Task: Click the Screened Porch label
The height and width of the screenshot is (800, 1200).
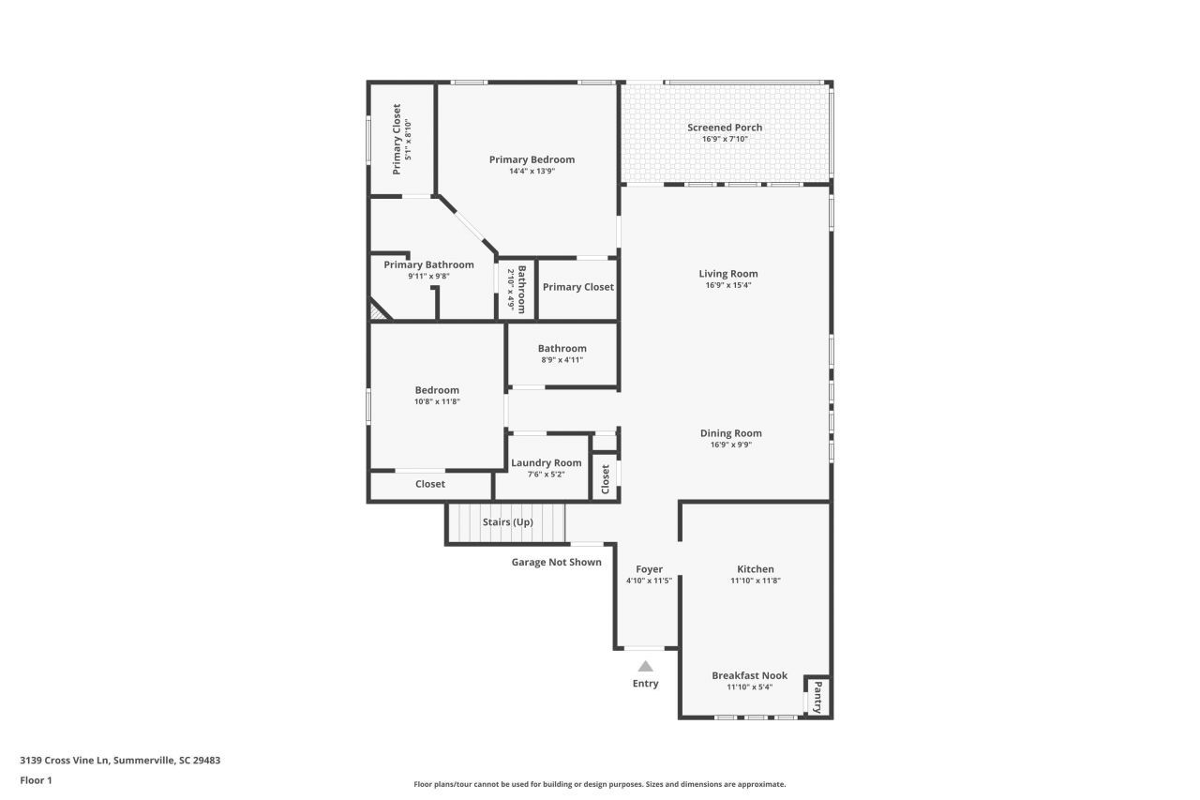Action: (x=725, y=128)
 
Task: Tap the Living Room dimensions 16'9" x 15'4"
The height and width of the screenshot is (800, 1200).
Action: (x=728, y=285)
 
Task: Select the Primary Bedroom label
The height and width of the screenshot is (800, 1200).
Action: (x=532, y=159)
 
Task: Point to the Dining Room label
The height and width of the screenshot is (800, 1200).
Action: (x=730, y=433)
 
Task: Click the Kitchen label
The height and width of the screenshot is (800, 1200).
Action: (x=755, y=569)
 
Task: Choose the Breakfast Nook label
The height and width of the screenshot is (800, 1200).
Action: (x=749, y=675)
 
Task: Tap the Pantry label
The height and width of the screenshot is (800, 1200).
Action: (x=817, y=698)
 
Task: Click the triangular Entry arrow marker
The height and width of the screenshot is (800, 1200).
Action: (x=645, y=667)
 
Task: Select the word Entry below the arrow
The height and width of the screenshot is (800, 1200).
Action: (x=645, y=684)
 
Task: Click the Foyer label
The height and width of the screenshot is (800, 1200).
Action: (x=649, y=569)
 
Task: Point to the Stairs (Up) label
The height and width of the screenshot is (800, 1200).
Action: (x=507, y=521)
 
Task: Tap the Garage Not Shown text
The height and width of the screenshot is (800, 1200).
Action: (x=556, y=562)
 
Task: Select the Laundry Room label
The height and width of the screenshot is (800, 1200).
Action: (x=546, y=462)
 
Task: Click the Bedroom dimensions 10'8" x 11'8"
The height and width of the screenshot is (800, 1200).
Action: (x=437, y=401)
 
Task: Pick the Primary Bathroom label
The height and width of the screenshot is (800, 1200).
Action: (x=428, y=264)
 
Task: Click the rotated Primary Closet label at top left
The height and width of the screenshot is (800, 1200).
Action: (x=397, y=139)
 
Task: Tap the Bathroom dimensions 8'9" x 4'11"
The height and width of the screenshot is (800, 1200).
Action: (x=562, y=359)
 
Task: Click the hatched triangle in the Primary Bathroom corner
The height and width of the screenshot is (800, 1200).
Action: (x=378, y=311)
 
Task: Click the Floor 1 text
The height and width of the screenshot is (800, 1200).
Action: (x=36, y=779)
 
